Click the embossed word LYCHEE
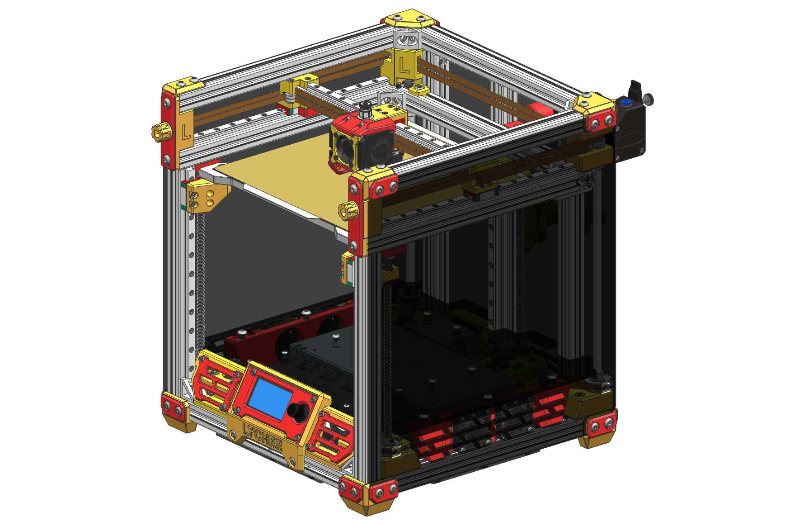(x=263, y=436)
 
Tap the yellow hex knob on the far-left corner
(x=161, y=132)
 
